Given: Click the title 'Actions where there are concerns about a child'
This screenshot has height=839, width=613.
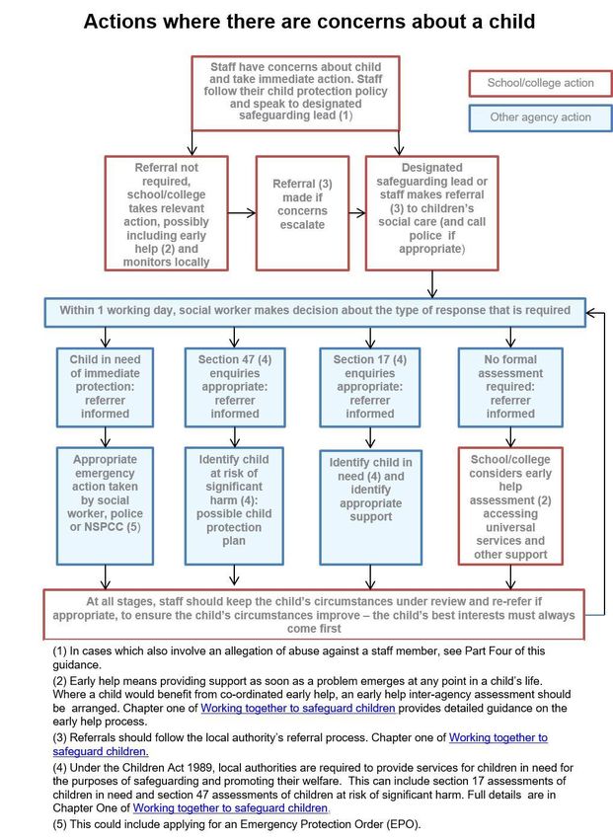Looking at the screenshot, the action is [309, 22].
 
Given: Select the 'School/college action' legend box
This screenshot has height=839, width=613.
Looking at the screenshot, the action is [540, 84].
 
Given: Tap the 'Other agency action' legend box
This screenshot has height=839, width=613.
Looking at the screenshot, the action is [540, 117].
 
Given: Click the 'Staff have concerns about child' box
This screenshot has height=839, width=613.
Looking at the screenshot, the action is [295, 93].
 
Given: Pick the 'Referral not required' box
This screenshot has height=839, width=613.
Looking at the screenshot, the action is [167, 213].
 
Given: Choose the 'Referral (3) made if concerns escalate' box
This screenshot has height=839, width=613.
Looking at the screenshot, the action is [302, 213].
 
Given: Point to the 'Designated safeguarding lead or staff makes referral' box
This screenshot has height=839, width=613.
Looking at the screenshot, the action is [431, 213].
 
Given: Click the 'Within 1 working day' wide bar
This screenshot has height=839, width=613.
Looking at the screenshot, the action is [315, 312].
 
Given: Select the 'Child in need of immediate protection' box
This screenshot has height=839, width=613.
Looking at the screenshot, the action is [105, 387].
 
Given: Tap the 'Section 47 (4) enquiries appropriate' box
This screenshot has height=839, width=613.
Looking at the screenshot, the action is [234, 387].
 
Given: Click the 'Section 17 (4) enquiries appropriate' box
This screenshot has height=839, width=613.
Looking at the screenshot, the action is [369, 387].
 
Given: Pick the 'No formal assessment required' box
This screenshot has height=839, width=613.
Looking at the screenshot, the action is [510, 387].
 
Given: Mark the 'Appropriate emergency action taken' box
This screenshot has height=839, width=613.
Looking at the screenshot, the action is [105, 506].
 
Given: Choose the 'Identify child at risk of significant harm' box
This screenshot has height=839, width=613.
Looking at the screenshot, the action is [234, 506].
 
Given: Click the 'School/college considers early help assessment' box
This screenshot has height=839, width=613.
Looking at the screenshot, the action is [510, 506].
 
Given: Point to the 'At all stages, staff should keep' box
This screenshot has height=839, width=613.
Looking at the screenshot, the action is [314, 614].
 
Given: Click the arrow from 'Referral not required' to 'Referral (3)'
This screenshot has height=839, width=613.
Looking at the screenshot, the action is [242, 213].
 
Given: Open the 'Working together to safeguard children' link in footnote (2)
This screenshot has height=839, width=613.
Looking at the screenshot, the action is [298, 708].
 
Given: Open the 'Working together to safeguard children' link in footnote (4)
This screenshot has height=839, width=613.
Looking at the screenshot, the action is [231, 808].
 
